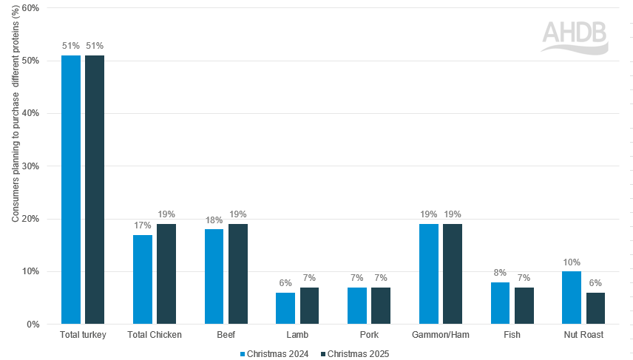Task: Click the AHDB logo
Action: click(574, 37)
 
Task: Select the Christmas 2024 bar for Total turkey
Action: click(71, 189)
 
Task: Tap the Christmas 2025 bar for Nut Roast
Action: click(595, 308)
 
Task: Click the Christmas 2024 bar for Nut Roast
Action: click(572, 297)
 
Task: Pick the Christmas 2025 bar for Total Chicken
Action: click(166, 274)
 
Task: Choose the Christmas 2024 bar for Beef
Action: click(214, 276)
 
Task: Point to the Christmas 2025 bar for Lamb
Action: click(309, 305)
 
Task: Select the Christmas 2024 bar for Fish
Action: click(500, 303)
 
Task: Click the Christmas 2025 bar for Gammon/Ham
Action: click(453, 274)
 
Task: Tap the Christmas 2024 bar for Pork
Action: click(357, 305)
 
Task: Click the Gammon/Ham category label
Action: click(441, 335)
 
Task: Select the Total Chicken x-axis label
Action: click(154, 335)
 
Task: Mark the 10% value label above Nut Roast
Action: click(572, 262)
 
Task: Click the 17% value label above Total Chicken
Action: click(142, 225)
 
